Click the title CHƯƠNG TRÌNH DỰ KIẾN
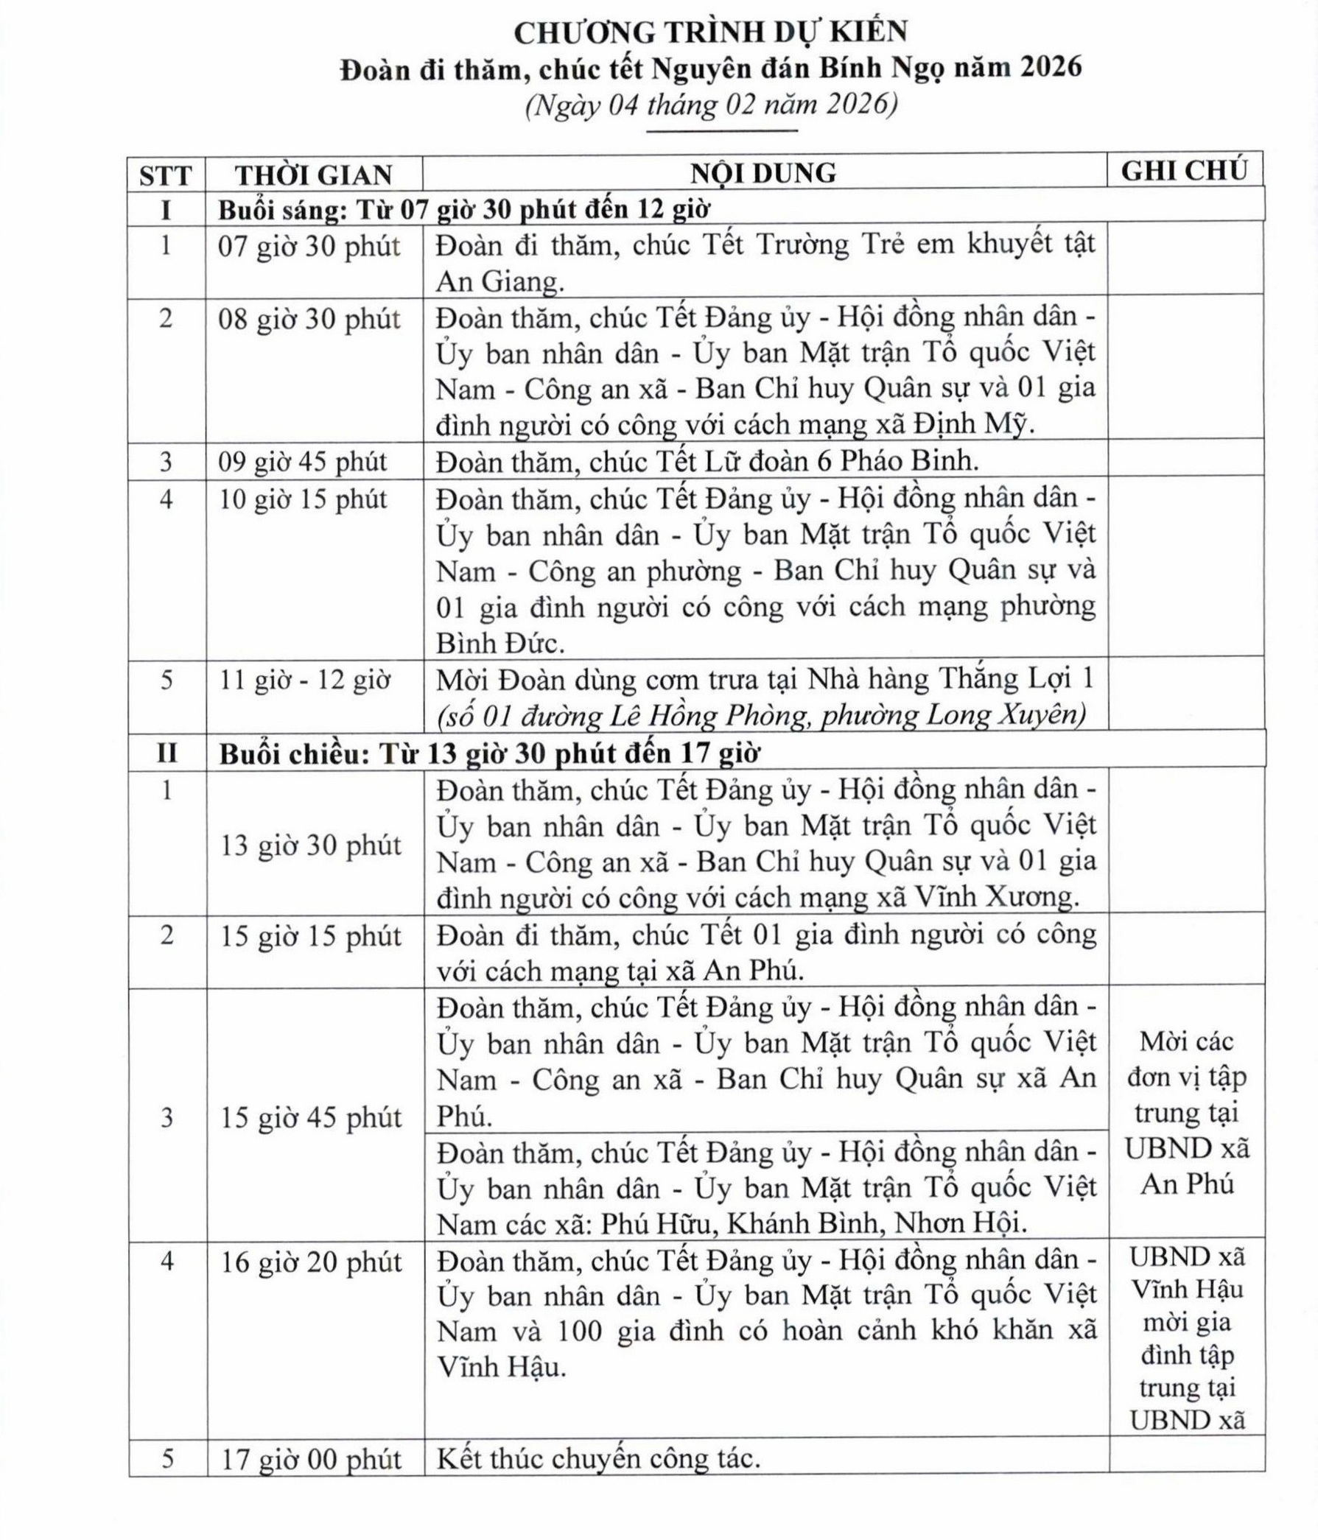pyautogui.click(x=711, y=32)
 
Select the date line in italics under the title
pyautogui.click(x=711, y=105)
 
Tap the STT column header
pyautogui.click(x=165, y=175)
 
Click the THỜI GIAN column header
pyautogui.click(x=314, y=175)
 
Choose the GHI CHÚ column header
pyautogui.click(x=1184, y=171)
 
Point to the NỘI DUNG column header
pyautogui.click(x=763, y=173)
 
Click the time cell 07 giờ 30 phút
pyautogui.click(x=309, y=246)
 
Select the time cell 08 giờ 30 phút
pyautogui.click(x=309, y=320)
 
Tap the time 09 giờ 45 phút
pyautogui.click(x=303, y=462)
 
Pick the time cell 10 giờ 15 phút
pyautogui.click(x=303, y=499)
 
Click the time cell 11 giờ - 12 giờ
pyautogui.click(x=304, y=680)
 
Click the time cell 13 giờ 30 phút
pyautogui.click(x=311, y=845)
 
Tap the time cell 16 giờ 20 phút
pyautogui.click(x=311, y=1262)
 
